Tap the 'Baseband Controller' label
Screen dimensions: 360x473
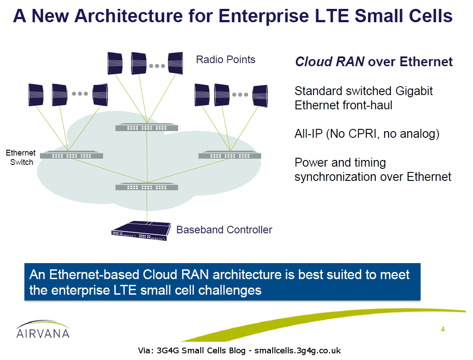[224, 230]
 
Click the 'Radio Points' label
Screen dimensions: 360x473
[226, 60]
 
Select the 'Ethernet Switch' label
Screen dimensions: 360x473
[21, 158]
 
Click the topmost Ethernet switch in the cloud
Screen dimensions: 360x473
[147, 128]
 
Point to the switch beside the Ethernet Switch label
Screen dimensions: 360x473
[72, 156]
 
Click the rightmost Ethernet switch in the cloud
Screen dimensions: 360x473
[230, 156]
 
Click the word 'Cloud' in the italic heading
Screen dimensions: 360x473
[313, 62]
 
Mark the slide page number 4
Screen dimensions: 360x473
[442, 329]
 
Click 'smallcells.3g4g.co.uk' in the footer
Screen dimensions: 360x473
[298, 351]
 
